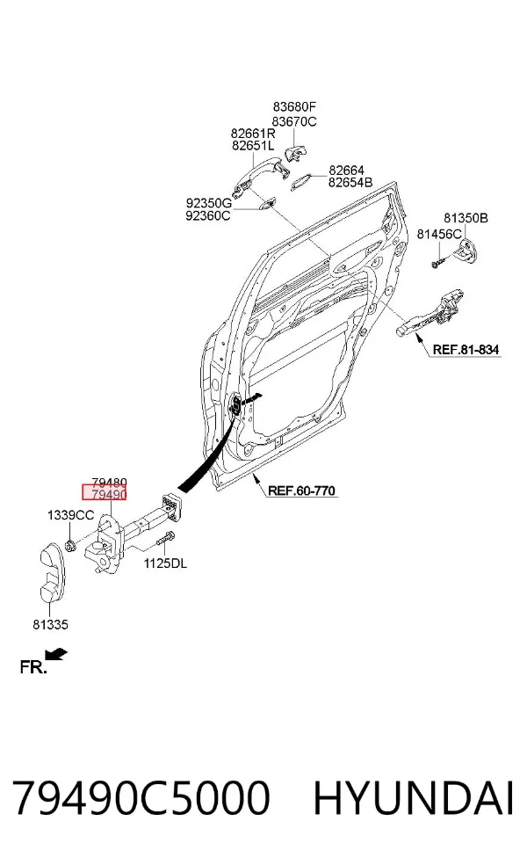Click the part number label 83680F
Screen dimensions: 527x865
click(x=294, y=106)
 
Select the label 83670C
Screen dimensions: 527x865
click(x=294, y=121)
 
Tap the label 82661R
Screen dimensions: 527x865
click(x=253, y=134)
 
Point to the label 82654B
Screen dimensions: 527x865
click(x=350, y=183)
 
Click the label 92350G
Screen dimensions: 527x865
click(x=208, y=203)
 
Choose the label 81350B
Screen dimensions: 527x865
click(x=466, y=218)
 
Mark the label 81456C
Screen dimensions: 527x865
click(x=439, y=234)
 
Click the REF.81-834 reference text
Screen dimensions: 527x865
click(x=466, y=349)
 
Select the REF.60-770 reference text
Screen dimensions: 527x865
click(x=301, y=491)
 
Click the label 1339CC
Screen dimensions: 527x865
click(x=70, y=515)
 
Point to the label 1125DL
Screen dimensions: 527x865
click(x=165, y=563)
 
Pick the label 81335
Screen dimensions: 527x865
click(x=50, y=624)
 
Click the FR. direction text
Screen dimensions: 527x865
click(x=33, y=667)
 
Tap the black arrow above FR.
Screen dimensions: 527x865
click(x=56, y=654)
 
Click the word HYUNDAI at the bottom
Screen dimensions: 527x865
click(x=414, y=797)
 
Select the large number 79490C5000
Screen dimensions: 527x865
click(x=141, y=797)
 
